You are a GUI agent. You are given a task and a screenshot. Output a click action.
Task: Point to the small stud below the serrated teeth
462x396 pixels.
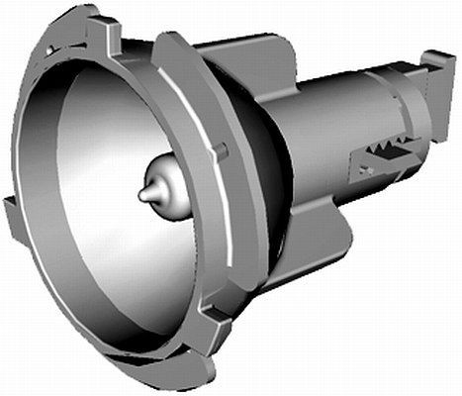pos(363,170)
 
